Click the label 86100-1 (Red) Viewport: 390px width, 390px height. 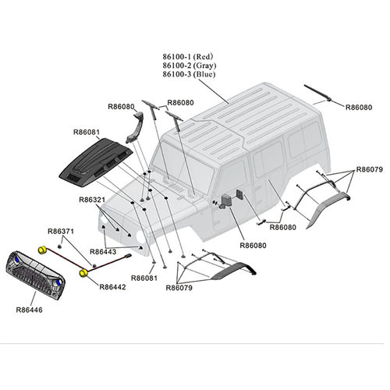point(188,56)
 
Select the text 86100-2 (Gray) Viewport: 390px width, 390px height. point(190,66)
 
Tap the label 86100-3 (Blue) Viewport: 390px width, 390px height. point(189,74)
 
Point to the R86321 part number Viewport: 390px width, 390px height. point(92,200)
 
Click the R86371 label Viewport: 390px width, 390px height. point(61,231)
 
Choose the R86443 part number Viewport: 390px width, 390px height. point(103,252)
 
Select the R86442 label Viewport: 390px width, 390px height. point(112,287)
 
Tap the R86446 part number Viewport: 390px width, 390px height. point(29,310)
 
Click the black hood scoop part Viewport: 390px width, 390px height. point(96,162)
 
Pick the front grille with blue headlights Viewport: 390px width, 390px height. point(35,275)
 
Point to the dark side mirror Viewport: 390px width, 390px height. point(226,201)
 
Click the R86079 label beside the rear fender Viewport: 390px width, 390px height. point(369,169)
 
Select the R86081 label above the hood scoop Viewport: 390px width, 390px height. point(87,132)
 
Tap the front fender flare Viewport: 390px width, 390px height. point(234,271)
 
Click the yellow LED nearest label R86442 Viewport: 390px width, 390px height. point(83,273)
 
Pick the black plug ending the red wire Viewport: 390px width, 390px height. point(129,256)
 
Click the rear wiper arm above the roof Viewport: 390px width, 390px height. point(317,92)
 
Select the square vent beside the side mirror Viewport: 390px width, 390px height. point(239,194)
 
